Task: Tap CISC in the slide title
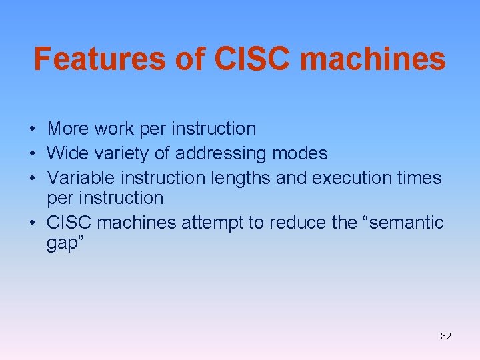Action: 253,59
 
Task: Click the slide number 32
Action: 445,336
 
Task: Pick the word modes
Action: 299,153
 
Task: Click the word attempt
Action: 215,223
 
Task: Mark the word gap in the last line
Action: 62,243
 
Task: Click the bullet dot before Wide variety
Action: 31,154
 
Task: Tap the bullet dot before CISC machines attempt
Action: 31,223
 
